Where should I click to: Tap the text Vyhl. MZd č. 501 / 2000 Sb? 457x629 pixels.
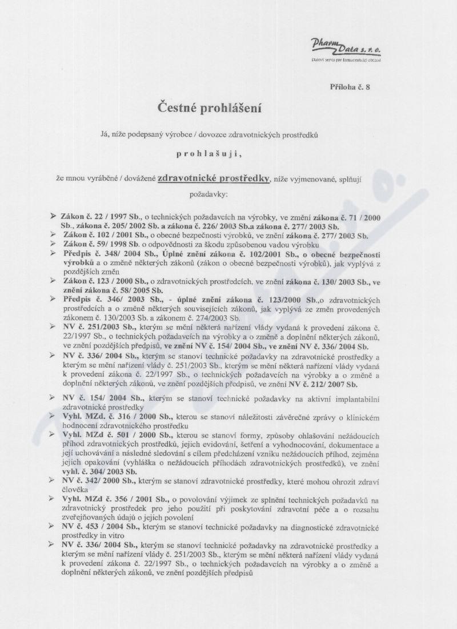point(114,436)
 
